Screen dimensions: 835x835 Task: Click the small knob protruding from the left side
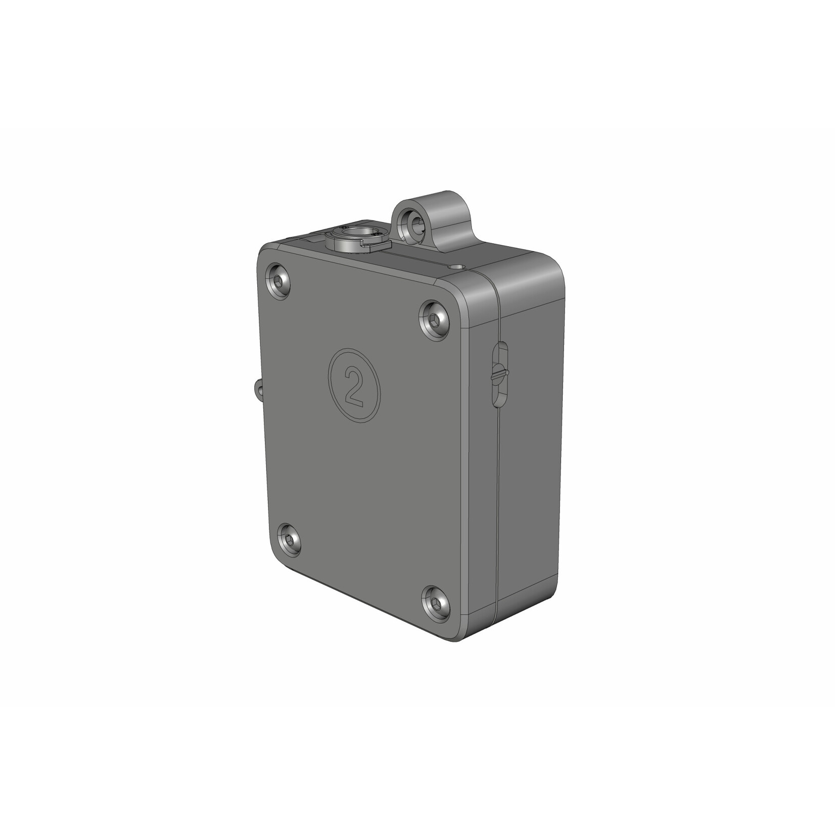258,389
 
